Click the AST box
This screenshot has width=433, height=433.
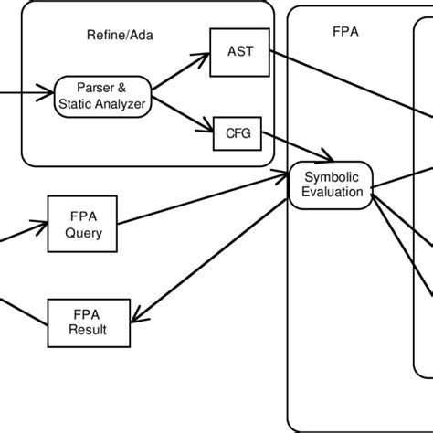click(x=239, y=51)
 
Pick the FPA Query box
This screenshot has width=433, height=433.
click(x=83, y=225)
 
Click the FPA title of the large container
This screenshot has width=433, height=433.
click(x=345, y=30)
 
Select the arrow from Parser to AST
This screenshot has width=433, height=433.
click(x=179, y=74)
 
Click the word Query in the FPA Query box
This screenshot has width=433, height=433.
click(x=83, y=233)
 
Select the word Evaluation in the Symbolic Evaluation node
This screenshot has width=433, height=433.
click(x=332, y=192)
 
